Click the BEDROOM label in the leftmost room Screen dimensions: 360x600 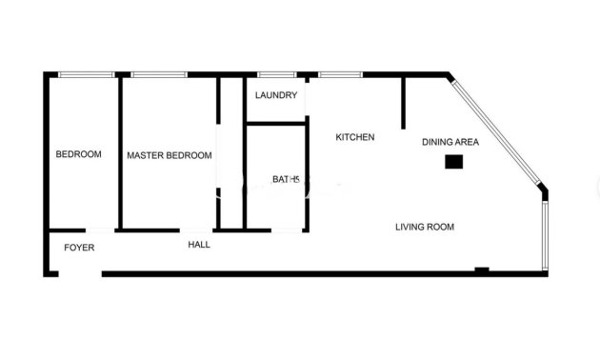point(78,154)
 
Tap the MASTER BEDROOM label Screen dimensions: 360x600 point(169,155)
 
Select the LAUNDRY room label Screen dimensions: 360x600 point(276,95)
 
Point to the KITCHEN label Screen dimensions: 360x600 point(355,137)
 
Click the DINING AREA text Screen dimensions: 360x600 point(450,142)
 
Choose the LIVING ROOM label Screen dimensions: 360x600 point(425,227)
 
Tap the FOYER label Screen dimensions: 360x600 point(79,248)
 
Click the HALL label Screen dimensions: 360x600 point(199,245)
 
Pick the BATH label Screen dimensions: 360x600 point(286,179)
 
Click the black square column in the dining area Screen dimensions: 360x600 point(454,163)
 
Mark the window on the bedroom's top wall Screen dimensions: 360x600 point(86,74)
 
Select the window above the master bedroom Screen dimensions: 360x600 point(159,74)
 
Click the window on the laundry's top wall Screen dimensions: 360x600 point(276,74)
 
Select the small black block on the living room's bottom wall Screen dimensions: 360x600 point(482,270)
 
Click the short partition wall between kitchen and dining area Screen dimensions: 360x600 point(403,102)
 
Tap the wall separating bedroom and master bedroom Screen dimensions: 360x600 point(118,152)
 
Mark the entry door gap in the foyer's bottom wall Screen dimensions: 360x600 point(80,274)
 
